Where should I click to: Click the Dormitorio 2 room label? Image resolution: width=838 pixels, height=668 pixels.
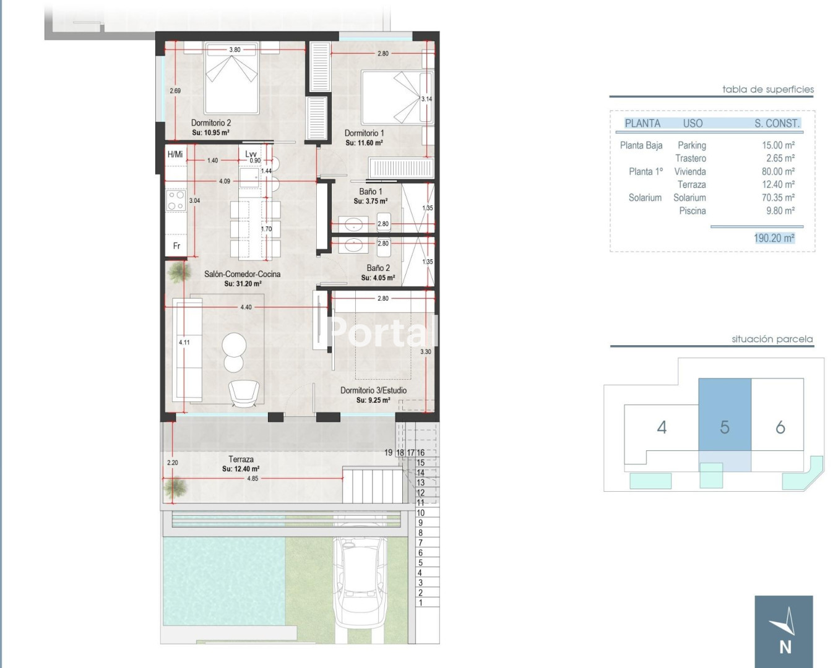210,122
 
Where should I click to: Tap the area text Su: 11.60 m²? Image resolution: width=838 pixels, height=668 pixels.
364,143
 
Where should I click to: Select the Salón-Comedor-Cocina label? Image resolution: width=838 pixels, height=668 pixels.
242,273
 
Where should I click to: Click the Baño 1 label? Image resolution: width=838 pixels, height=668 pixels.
370,192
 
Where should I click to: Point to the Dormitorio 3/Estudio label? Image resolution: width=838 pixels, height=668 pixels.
373,390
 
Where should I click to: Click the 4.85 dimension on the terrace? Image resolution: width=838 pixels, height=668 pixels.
253,478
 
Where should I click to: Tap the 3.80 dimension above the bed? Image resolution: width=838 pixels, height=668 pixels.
235,50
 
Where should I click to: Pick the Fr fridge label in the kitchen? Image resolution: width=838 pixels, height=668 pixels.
176,246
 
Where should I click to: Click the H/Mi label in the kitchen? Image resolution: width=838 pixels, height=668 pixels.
175,155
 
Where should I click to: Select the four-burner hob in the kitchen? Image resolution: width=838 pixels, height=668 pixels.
176,200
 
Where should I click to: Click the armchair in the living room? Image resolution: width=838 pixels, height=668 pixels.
244,393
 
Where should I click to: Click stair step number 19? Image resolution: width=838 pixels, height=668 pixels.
388,452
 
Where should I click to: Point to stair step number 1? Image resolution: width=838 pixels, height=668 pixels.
420,602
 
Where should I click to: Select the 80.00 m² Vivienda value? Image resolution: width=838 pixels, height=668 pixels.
778,171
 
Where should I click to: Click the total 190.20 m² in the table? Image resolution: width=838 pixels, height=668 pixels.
774,238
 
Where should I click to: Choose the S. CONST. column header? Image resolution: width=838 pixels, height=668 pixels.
777,124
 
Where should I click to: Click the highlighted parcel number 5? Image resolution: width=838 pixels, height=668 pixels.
724,427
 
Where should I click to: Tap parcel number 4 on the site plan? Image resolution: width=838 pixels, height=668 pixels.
662,427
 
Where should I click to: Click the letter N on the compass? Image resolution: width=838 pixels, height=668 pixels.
785,648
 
